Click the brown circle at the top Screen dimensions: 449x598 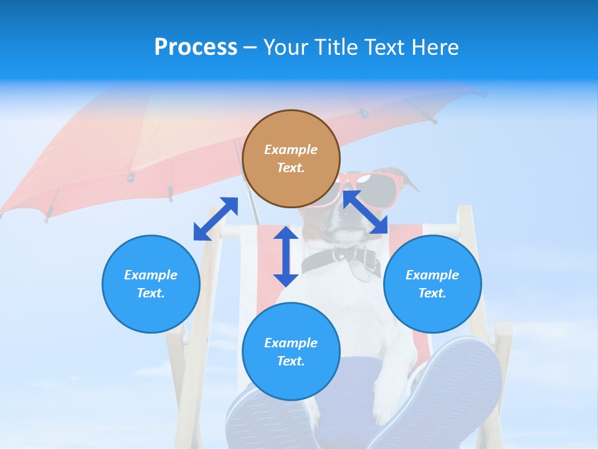coord(291,159)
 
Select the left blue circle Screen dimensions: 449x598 coord(151,284)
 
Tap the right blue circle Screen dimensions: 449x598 coord(432,284)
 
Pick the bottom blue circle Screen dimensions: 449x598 coord(291,352)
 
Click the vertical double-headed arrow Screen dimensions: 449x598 coord(286,256)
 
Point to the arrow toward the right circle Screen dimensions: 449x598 coord(366,213)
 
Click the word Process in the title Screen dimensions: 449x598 coord(196,47)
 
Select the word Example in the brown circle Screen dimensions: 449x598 coord(291,150)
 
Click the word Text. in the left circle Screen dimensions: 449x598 coord(151,293)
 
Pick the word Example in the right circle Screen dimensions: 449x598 coord(432,275)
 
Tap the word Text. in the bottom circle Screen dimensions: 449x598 coord(291,361)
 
